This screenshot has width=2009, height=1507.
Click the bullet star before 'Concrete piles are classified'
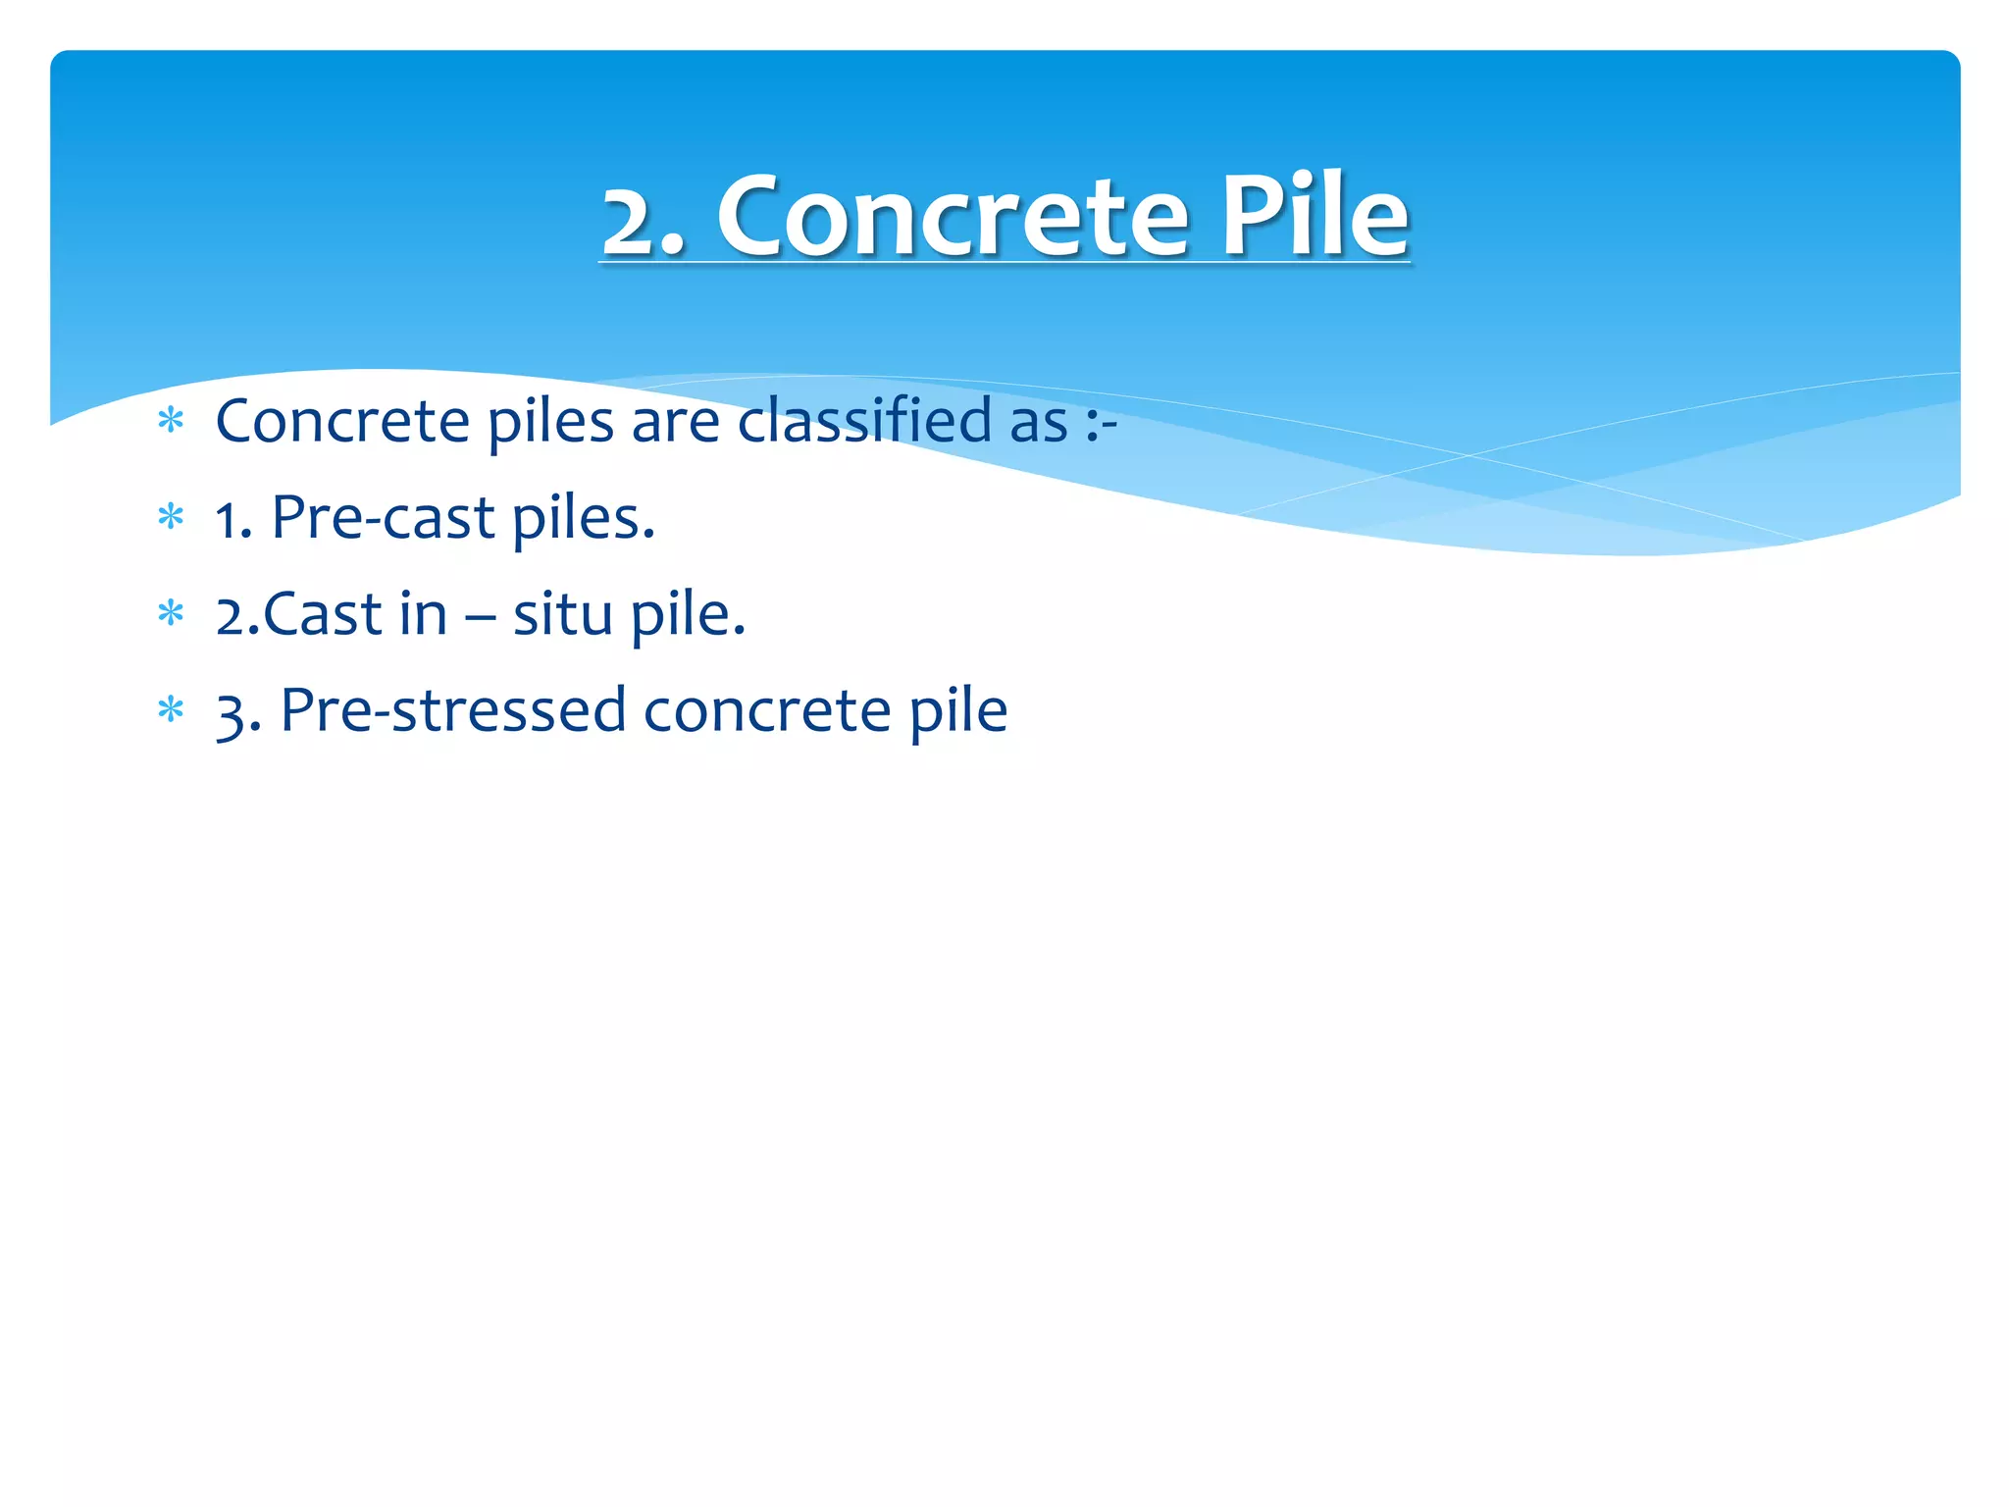(171, 421)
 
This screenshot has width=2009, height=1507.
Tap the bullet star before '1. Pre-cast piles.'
(171, 517)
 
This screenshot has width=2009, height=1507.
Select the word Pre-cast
(383, 517)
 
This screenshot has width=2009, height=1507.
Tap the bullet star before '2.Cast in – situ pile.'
(171, 614)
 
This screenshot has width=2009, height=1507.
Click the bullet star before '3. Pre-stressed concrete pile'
(171, 709)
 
